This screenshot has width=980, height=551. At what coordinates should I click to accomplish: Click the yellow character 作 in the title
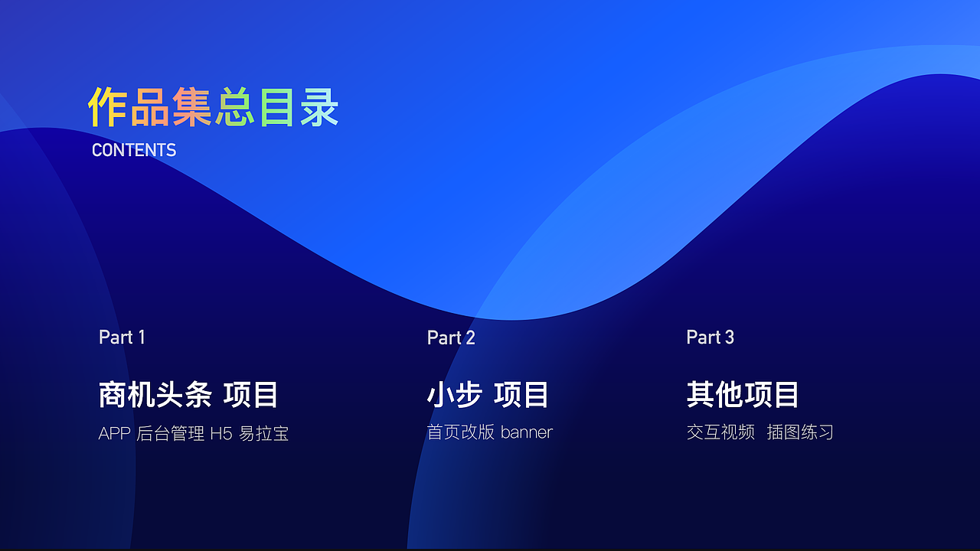(x=108, y=107)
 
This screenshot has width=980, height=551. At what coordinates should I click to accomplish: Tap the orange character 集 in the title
(x=191, y=107)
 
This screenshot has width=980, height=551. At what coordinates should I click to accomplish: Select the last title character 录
(x=319, y=107)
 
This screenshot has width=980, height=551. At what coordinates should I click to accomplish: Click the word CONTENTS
(x=134, y=150)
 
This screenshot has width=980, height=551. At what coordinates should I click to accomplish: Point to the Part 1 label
(x=122, y=337)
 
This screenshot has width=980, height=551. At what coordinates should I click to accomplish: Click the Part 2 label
(x=451, y=337)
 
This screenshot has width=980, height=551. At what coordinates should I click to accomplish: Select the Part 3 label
(x=710, y=337)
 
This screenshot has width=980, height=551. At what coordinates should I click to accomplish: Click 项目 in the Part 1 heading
(x=250, y=395)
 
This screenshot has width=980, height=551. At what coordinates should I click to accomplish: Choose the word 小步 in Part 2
(x=454, y=395)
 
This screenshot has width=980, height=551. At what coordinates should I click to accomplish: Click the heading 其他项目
(x=743, y=395)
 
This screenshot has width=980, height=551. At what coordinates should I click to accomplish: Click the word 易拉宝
(x=264, y=434)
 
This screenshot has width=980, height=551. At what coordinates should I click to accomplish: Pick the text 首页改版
(x=460, y=432)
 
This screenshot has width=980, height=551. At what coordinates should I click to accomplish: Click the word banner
(x=527, y=432)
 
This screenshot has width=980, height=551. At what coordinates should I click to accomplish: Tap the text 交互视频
(x=720, y=432)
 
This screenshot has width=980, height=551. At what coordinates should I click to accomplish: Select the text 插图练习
(x=800, y=432)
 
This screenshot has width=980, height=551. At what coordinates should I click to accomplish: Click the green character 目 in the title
(x=276, y=107)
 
